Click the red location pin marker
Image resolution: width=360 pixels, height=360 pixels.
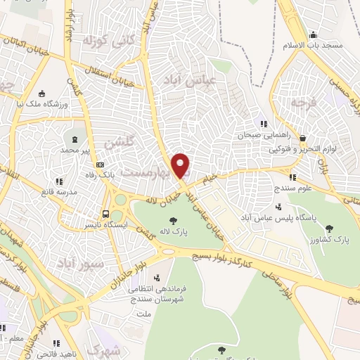pyautogui.click(x=181, y=165)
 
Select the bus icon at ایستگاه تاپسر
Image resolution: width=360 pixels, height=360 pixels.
pyautogui.click(x=105, y=214)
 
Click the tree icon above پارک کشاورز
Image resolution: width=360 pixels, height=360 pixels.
pyautogui.click(x=329, y=228)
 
